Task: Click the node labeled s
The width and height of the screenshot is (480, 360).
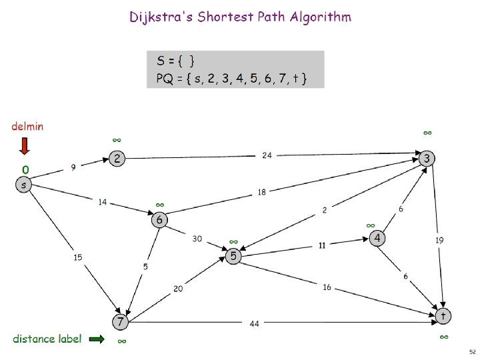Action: click(24, 185)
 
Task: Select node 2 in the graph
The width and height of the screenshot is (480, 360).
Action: click(117, 159)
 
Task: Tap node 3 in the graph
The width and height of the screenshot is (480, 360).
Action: click(427, 158)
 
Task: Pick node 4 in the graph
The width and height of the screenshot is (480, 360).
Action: click(377, 238)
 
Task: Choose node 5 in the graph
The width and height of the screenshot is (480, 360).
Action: click(233, 256)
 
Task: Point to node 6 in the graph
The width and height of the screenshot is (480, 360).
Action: click(159, 219)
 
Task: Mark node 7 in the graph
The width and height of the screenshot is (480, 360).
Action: click(119, 322)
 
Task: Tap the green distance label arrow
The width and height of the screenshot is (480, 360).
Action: click(97, 339)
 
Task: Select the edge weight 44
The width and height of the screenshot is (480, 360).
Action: click(254, 324)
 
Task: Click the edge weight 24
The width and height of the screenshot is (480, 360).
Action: click(266, 155)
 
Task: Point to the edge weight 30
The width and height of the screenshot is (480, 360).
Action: click(197, 238)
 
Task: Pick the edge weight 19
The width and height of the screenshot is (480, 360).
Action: click(439, 239)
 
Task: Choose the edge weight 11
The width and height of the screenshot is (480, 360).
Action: click(321, 245)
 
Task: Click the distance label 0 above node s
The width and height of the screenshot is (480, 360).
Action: click(25, 170)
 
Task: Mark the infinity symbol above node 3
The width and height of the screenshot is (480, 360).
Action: click(427, 133)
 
